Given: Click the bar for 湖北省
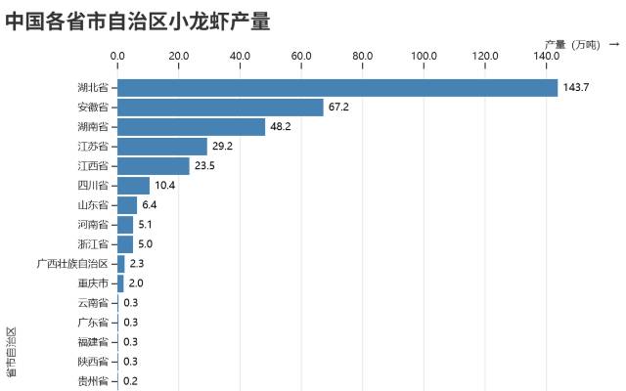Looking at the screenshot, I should pyautogui.click(x=337, y=88).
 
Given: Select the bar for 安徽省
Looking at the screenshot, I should pyautogui.click(x=220, y=108).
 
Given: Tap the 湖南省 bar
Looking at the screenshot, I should pyautogui.click(x=191, y=127).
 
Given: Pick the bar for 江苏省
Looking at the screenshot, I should pyautogui.click(x=162, y=147).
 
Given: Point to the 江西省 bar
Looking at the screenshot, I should pyautogui.click(x=154, y=166).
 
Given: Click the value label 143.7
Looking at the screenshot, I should pyautogui.click(x=576, y=88).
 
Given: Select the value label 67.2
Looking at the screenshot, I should pyautogui.click(x=339, y=108).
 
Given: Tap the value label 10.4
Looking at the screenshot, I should pyautogui.click(x=165, y=186).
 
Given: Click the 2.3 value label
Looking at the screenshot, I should pyautogui.click(x=137, y=264).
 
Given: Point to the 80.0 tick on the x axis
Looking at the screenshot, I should pyautogui.click(x=363, y=55).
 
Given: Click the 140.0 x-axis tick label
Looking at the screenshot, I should pyautogui.click(x=547, y=55).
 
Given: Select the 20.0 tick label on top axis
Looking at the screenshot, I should pyautogui.click(x=179, y=55).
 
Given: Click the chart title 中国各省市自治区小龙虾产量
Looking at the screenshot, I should pyautogui.click(x=138, y=21).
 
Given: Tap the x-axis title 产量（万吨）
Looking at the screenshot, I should pyautogui.click(x=573, y=44).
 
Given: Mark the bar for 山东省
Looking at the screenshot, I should pyautogui.click(x=127, y=205).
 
